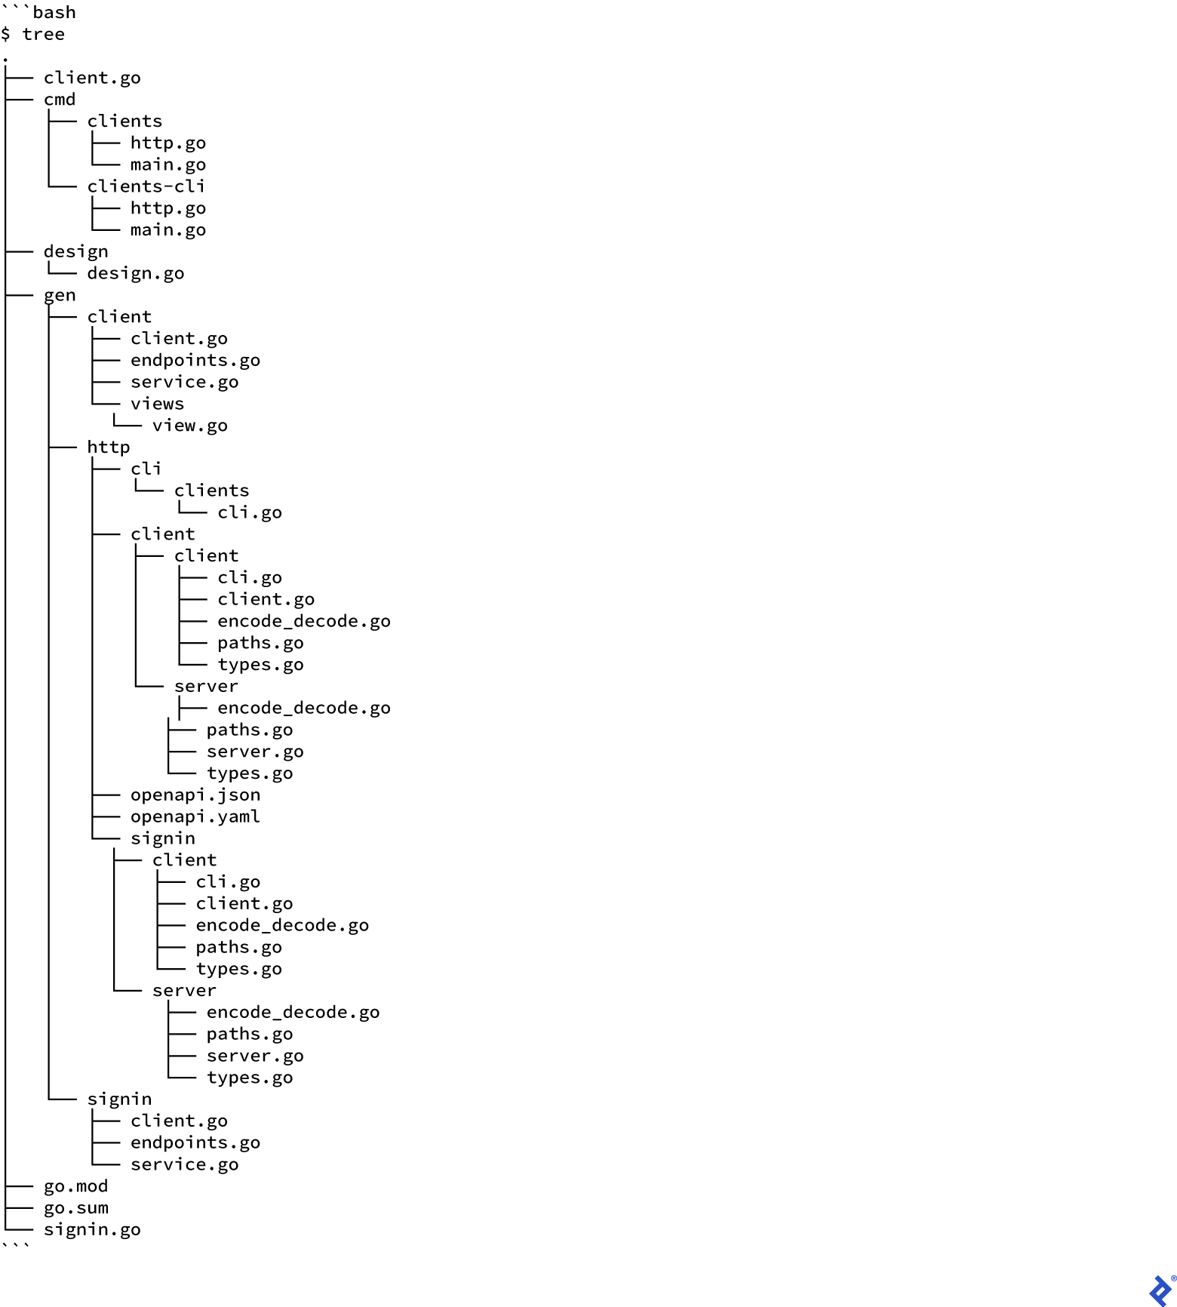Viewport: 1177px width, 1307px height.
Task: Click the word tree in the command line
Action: point(43,35)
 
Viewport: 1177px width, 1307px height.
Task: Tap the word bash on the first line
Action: point(54,13)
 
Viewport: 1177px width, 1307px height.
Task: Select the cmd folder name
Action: point(60,100)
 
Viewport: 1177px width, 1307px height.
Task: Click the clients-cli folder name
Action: point(146,186)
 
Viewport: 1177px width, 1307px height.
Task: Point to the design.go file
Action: point(136,273)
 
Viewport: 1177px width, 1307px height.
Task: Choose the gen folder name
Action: point(60,296)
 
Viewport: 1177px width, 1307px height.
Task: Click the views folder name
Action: point(157,404)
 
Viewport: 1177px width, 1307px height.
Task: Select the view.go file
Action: point(189,426)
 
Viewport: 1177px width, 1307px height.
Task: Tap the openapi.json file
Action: point(195,795)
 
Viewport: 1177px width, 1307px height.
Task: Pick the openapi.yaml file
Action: point(195,816)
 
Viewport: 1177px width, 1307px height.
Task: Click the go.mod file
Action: point(75,1186)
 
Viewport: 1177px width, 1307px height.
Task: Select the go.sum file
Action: point(75,1208)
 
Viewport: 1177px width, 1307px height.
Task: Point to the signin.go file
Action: point(92,1230)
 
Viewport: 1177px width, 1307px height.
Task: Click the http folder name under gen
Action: point(109,447)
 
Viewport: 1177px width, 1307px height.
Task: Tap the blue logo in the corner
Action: point(1160,1290)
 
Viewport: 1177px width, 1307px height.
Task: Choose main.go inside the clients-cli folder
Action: point(167,230)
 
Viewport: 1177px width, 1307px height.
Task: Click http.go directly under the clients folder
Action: point(167,143)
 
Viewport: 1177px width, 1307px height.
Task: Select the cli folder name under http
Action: point(146,469)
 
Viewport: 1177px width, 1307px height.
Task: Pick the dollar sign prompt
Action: point(6,35)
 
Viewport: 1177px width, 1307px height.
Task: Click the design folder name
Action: point(75,252)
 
